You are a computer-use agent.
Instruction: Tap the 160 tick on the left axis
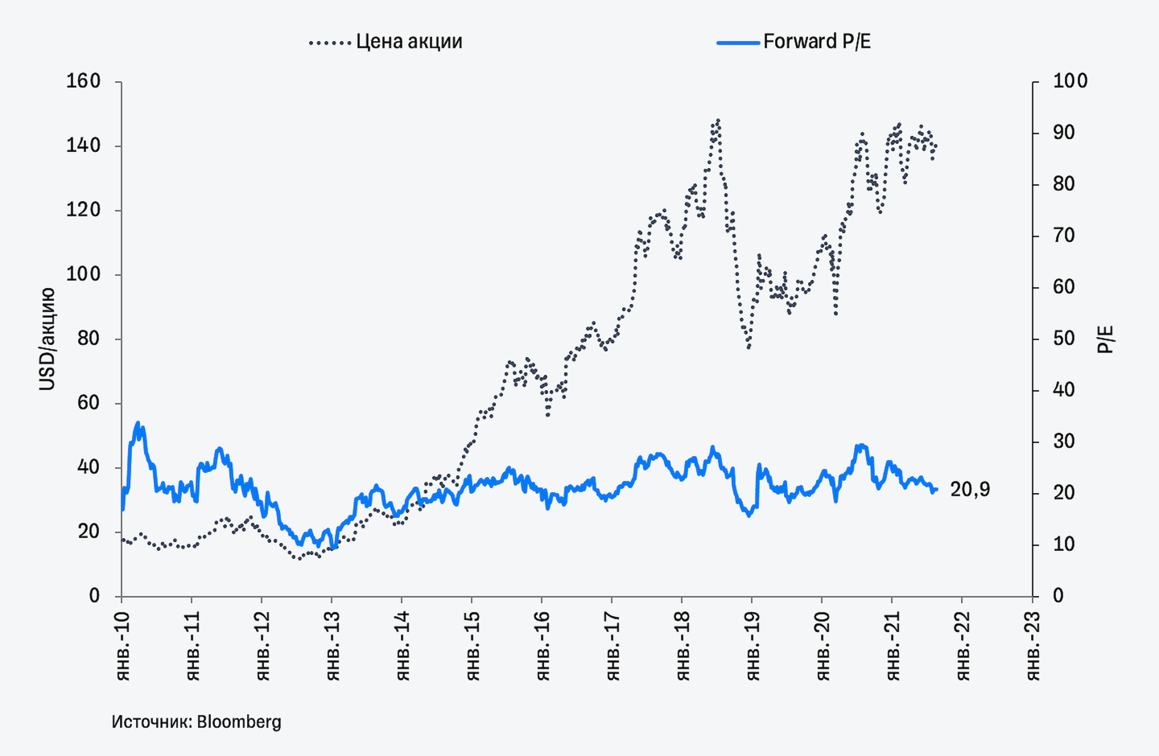click(x=84, y=81)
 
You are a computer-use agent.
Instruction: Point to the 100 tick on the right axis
click(x=1070, y=81)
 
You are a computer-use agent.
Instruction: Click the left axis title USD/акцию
click(x=47, y=339)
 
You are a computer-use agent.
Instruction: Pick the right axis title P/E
click(x=1107, y=339)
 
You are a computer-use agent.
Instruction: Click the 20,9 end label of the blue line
click(x=970, y=489)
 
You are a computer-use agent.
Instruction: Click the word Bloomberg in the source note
click(x=239, y=721)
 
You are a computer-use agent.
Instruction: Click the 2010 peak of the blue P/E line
click(x=138, y=423)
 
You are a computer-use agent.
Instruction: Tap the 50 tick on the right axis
click(x=1064, y=339)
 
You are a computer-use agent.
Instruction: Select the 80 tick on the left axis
click(x=89, y=339)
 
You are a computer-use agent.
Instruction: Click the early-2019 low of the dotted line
click(x=749, y=347)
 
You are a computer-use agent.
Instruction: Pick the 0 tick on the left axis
click(x=94, y=596)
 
